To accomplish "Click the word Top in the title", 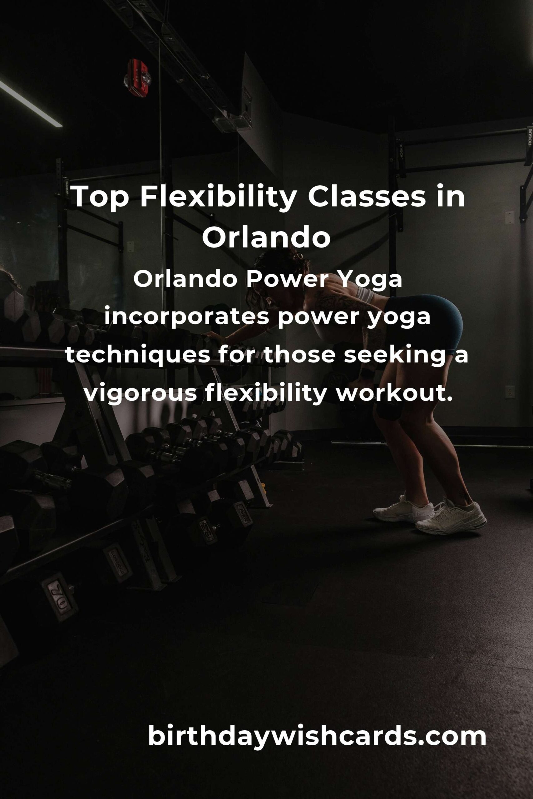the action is coord(99,197).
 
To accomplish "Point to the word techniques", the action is coord(137,356).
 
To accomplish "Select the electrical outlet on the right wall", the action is coord(510,392).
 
